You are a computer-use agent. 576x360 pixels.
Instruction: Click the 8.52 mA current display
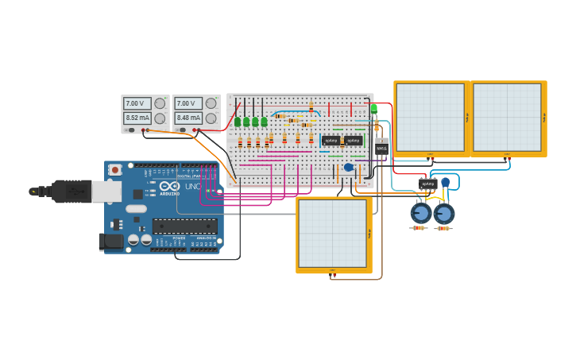137,118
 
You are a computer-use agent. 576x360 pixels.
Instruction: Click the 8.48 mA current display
187,118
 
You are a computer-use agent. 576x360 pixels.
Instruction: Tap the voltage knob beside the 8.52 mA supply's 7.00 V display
160,103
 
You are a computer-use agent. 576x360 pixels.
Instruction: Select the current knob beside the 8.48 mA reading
211,118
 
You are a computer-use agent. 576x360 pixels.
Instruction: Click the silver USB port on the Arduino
106,191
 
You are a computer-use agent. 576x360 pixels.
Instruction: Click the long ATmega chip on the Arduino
184,226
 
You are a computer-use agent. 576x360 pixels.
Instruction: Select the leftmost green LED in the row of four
238,122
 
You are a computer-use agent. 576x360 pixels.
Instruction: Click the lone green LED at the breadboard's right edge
374,108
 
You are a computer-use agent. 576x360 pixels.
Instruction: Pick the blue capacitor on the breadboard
348,167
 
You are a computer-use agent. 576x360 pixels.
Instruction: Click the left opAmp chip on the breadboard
331,141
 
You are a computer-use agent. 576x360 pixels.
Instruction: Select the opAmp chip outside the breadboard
427,184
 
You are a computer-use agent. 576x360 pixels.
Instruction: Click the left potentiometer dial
420,213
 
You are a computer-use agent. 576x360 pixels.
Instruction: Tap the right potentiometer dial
444,214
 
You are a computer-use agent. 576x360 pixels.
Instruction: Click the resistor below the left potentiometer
419,228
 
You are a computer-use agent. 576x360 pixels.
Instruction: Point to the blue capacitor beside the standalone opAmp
446,183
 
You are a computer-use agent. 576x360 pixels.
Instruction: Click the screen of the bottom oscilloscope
332,234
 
